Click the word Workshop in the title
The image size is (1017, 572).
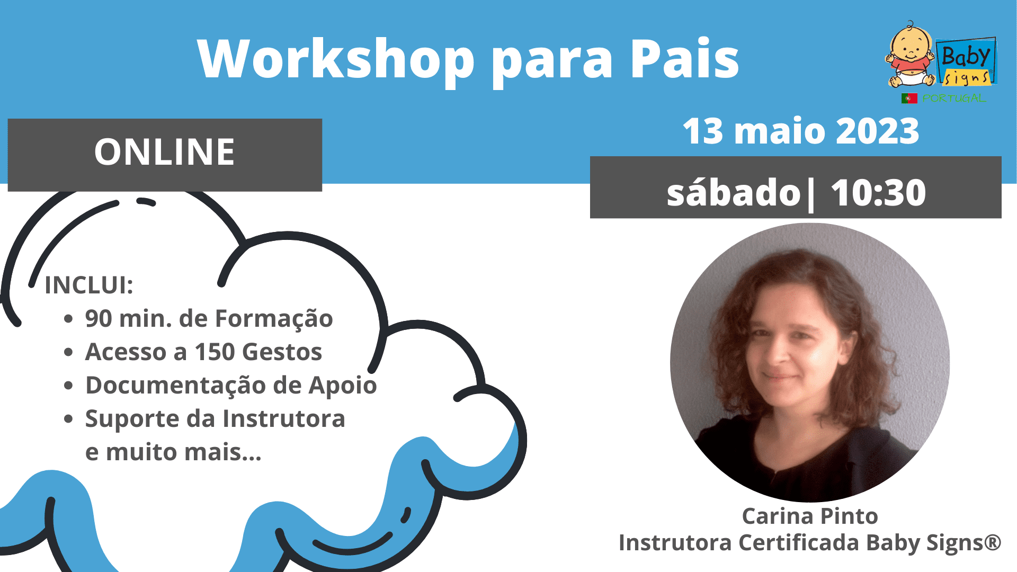336,59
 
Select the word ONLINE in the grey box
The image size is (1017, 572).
165,152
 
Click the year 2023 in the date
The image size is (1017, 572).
877,131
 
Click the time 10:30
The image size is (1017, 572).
878,192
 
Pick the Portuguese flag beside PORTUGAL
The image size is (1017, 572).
909,98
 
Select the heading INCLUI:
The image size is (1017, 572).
89,285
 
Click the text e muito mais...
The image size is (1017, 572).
173,452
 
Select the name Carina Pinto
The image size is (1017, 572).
810,516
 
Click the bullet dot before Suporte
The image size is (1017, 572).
68,419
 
